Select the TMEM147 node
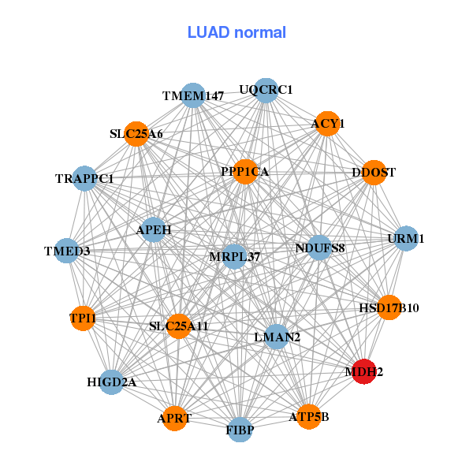(x=193, y=95)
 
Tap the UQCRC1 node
(x=266, y=90)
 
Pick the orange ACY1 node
(x=327, y=123)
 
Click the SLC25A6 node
(x=136, y=133)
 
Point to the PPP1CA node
(x=245, y=171)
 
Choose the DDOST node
(x=374, y=172)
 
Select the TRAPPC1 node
(x=84, y=179)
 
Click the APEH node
(x=153, y=230)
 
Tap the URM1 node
(x=406, y=238)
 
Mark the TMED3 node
(x=67, y=251)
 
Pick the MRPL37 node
(x=234, y=256)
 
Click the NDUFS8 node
(x=319, y=248)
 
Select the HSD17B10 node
(x=389, y=307)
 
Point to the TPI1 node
(x=83, y=318)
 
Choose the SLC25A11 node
(x=179, y=326)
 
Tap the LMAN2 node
(x=276, y=337)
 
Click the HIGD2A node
(x=112, y=382)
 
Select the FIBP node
(x=240, y=430)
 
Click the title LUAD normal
(x=236, y=32)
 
